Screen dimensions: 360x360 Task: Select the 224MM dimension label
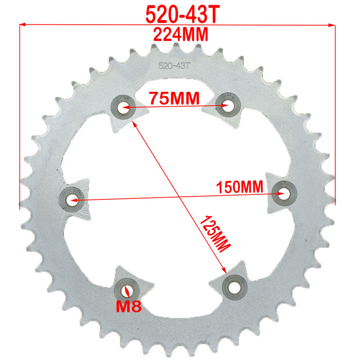tap(181, 34)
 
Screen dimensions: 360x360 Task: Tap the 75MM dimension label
tap(174, 98)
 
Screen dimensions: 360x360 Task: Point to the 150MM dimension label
tap(239, 187)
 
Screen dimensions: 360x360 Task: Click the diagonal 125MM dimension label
tap(215, 232)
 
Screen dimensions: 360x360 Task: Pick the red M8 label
tap(129, 306)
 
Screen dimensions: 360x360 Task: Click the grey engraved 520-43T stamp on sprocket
tap(174, 66)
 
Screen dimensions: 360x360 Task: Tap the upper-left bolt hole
tap(123, 107)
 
